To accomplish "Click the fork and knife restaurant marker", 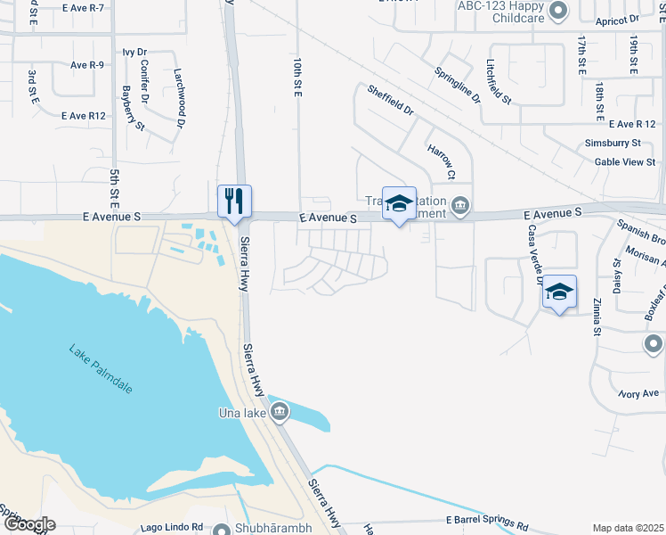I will pyautogui.click(x=235, y=201).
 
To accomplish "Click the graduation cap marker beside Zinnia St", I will pyautogui.click(x=559, y=292).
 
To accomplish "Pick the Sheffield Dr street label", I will pyautogui.click(x=391, y=100).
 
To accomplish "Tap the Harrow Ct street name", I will pyautogui.click(x=442, y=160).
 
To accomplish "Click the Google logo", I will pyautogui.click(x=28, y=524).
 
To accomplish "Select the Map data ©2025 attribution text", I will pyautogui.click(x=628, y=528).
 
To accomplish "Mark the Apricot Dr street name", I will pyautogui.click(x=621, y=18).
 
